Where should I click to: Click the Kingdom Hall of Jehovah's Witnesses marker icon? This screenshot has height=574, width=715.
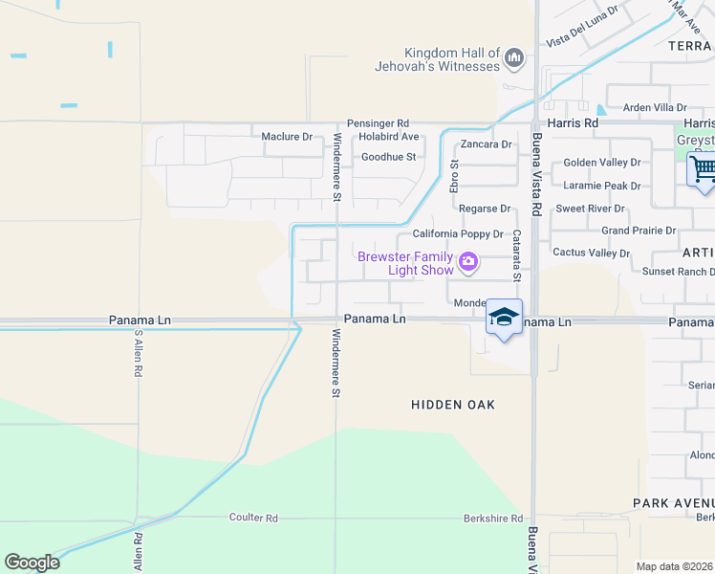[514, 59]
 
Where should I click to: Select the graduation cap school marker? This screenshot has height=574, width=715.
[504, 317]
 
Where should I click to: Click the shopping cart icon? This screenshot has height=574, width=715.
[703, 170]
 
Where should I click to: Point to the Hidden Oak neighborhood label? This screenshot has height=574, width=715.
[453, 405]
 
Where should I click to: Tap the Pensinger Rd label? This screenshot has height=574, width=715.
[378, 123]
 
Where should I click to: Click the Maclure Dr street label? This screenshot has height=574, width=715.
[287, 137]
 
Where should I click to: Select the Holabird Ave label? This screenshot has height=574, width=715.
[390, 137]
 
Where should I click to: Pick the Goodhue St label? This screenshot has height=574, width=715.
[388, 157]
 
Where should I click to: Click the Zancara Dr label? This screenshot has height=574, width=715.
[487, 144]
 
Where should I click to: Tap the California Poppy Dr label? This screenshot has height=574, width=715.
[458, 233]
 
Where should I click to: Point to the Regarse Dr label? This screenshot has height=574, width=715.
[485, 208]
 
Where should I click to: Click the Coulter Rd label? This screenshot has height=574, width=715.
[253, 518]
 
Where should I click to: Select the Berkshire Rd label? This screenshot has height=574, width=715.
[490, 518]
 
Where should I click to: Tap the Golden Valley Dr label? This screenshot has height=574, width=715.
[601, 163]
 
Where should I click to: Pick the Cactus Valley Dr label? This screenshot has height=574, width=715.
[592, 253]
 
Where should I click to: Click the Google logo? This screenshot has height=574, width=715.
[32, 563]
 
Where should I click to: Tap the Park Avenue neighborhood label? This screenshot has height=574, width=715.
[673, 503]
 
